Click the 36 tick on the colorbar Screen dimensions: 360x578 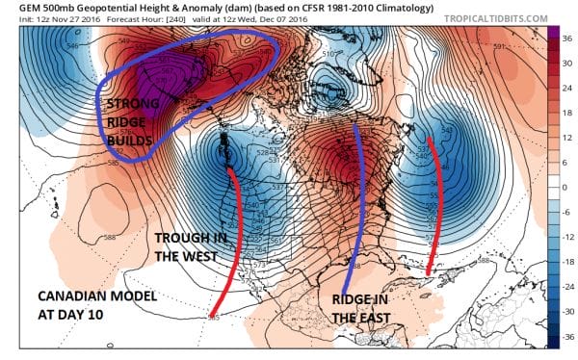click(567, 38)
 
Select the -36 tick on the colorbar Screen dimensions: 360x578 click(566, 338)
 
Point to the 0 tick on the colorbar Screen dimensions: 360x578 click(565, 188)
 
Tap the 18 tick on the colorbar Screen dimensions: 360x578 click(567, 113)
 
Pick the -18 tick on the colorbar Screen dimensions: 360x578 click(566, 263)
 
